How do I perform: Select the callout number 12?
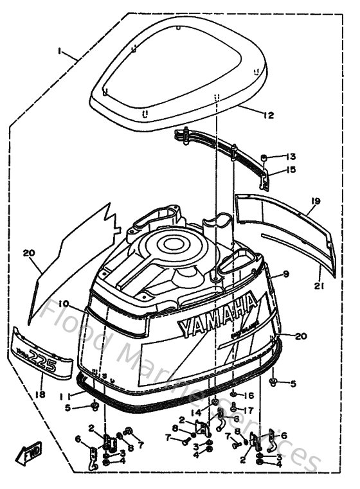(268, 116)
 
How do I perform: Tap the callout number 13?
(291, 157)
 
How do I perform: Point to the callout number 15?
(291, 170)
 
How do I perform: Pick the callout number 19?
(315, 201)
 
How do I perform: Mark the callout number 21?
(319, 285)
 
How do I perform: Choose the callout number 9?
(285, 274)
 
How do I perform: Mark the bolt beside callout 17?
(233, 406)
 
